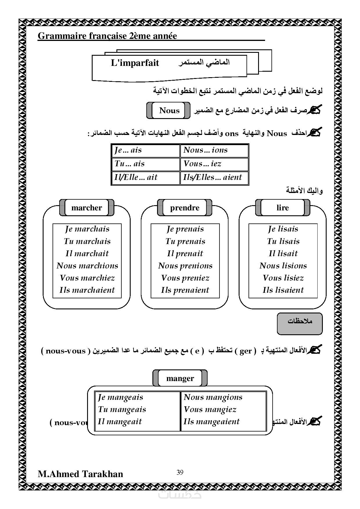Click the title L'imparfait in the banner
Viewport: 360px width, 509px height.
tap(135, 63)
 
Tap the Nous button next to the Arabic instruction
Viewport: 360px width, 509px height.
tap(169, 111)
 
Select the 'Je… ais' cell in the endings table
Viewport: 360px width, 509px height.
tap(145, 150)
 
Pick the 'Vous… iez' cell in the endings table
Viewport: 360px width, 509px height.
tap(214, 164)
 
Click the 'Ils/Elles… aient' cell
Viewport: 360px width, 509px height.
tap(214, 178)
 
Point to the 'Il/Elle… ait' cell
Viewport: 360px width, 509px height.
tap(145, 178)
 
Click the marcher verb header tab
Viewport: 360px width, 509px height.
tap(87, 208)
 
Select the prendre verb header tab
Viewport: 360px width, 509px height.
tap(185, 208)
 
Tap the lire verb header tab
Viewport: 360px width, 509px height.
tap(282, 208)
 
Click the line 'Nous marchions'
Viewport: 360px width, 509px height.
tap(87, 266)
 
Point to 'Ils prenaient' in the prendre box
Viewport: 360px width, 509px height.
tap(185, 290)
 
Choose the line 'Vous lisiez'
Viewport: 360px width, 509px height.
tap(283, 278)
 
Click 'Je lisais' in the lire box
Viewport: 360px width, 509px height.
tap(283, 229)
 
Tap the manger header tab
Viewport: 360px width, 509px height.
tap(180, 378)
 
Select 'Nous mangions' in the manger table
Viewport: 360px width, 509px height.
tap(213, 397)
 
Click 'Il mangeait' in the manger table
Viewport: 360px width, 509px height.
tap(120, 422)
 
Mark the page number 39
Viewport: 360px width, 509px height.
tap(180, 472)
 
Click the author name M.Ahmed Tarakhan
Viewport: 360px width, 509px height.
tap(80, 474)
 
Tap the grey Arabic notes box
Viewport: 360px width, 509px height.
tap(300, 323)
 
